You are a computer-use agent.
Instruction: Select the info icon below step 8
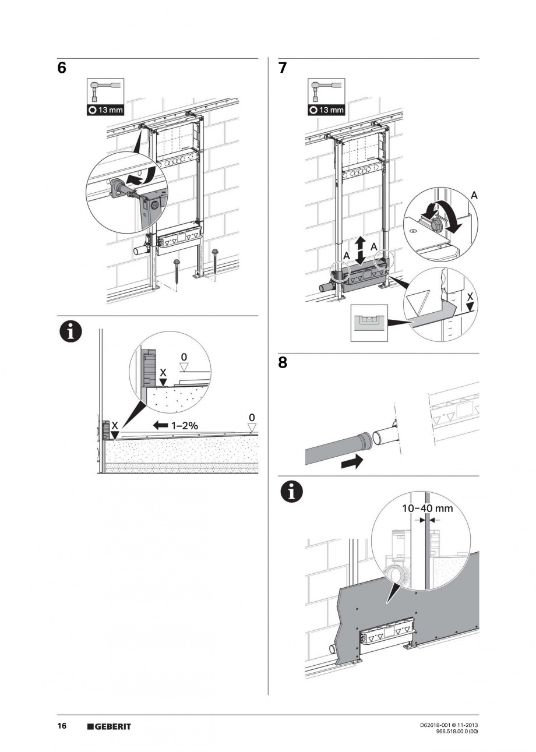point(292,492)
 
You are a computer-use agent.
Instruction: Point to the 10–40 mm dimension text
point(428,508)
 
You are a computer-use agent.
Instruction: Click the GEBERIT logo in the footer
point(109,726)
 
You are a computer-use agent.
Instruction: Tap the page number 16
point(62,726)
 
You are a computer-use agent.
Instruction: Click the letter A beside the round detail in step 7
point(474,196)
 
